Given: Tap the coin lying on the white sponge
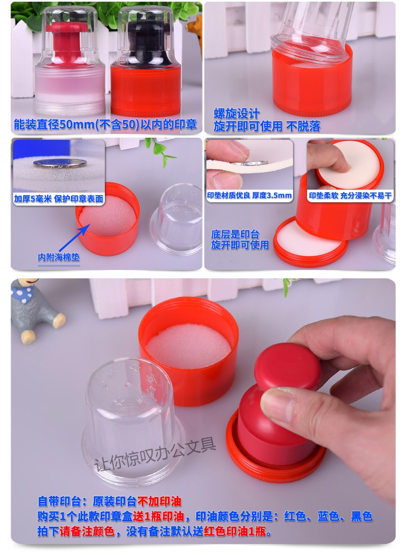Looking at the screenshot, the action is click(60, 163).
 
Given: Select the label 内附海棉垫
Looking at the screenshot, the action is click(58, 257).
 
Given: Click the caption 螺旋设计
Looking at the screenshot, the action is click(236, 114).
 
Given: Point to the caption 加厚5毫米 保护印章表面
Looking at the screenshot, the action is click(58, 199).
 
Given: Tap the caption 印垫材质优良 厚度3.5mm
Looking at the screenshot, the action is click(249, 196).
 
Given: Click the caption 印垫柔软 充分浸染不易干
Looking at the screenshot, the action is click(350, 196).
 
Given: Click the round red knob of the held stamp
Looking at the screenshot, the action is click(288, 367).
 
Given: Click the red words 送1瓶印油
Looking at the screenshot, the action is click(158, 517).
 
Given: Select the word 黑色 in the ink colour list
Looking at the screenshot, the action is click(362, 517).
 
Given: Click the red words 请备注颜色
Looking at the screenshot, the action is click(87, 531).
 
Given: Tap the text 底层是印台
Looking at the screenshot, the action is click(235, 234).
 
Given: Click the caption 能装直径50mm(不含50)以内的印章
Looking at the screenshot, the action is click(105, 124).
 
